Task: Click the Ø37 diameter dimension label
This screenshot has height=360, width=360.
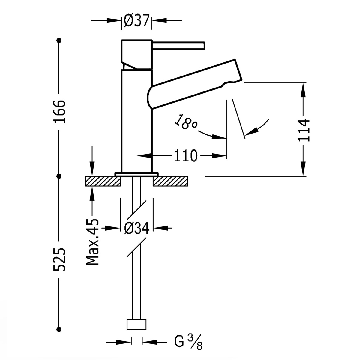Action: coord(136,20)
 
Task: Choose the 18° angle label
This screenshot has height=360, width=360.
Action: coord(185,122)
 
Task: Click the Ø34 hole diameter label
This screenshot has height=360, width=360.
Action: coord(137,229)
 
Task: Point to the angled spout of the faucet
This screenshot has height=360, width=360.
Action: coord(195,84)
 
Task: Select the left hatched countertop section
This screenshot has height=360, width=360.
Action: coord(103,181)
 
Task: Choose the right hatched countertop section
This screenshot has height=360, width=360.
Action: coord(171,181)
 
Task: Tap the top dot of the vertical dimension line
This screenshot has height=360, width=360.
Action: coord(59,40)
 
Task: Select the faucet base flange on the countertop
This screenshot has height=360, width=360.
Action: coord(136,174)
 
